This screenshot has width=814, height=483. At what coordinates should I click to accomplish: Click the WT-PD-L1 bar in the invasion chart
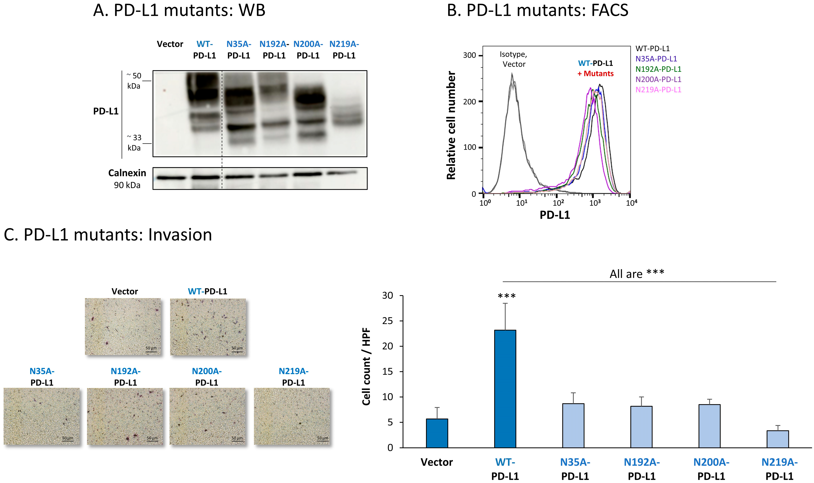(x=505, y=389)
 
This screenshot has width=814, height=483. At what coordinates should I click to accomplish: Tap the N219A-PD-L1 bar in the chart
(x=778, y=439)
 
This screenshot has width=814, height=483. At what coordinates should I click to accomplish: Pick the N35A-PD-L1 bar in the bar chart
(x=573, y=426)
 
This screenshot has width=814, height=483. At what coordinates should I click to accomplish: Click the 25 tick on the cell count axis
(x=388, y=321)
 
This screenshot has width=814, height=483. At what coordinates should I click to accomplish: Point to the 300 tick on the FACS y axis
(x=469, y=55)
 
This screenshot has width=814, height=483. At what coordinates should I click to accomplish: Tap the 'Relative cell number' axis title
(x=451, y=125)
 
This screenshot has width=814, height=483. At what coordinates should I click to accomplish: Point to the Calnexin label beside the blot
(x=127, y=173)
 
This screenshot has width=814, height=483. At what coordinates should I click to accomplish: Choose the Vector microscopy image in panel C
(x=123, y=327)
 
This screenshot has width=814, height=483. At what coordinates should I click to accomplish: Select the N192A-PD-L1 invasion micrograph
(x=125, y=416)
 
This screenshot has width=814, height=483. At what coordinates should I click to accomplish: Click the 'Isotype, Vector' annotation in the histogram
(x=513, y=59)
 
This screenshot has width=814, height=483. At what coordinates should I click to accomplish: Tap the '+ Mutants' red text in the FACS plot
(x=595, y=74)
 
